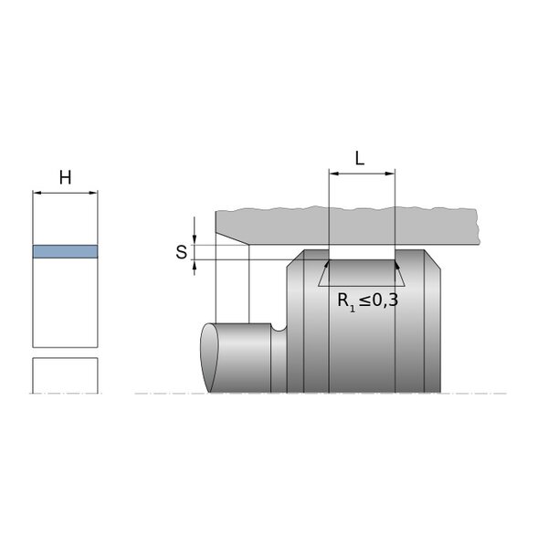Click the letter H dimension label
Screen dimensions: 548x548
point(66,177)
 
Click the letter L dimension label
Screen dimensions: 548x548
point(360,158)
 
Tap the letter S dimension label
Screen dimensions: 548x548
point(182,252)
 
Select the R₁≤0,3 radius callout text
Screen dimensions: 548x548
point(367,300)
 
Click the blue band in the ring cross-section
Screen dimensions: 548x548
point(66,252)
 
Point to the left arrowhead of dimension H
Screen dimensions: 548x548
point(37,193)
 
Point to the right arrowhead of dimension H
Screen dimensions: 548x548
point(93,193)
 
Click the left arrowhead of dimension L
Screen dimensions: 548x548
point(333,174)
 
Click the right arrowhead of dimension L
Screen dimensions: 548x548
point(390,174)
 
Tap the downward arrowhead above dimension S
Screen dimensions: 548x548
point(195,240)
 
